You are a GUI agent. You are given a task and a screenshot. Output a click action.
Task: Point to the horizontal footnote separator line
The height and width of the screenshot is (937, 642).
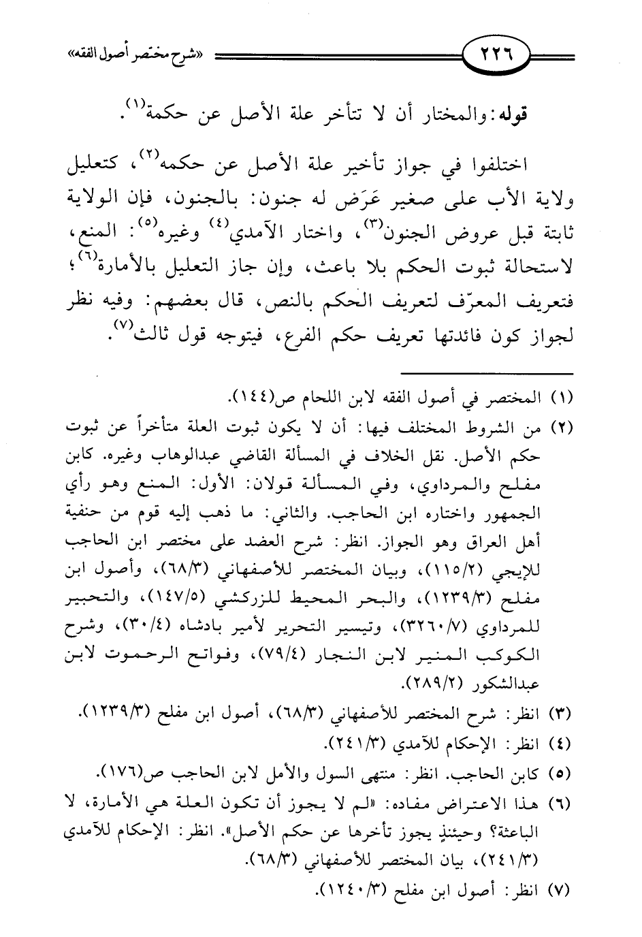point(487,372)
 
